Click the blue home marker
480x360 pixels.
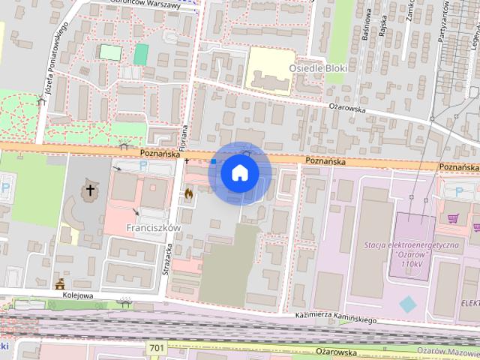coord(239,172)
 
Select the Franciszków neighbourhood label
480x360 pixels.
coord(154,227)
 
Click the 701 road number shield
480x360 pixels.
coord(157,348)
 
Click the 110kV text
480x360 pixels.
coord(412,264)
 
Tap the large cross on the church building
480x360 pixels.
coord(91,190)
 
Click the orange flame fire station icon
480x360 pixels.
coord(188,193)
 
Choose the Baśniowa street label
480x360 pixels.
coord(367,26)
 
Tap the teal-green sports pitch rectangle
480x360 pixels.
coord(141,53)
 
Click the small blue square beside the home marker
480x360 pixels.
coord(214,160)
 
